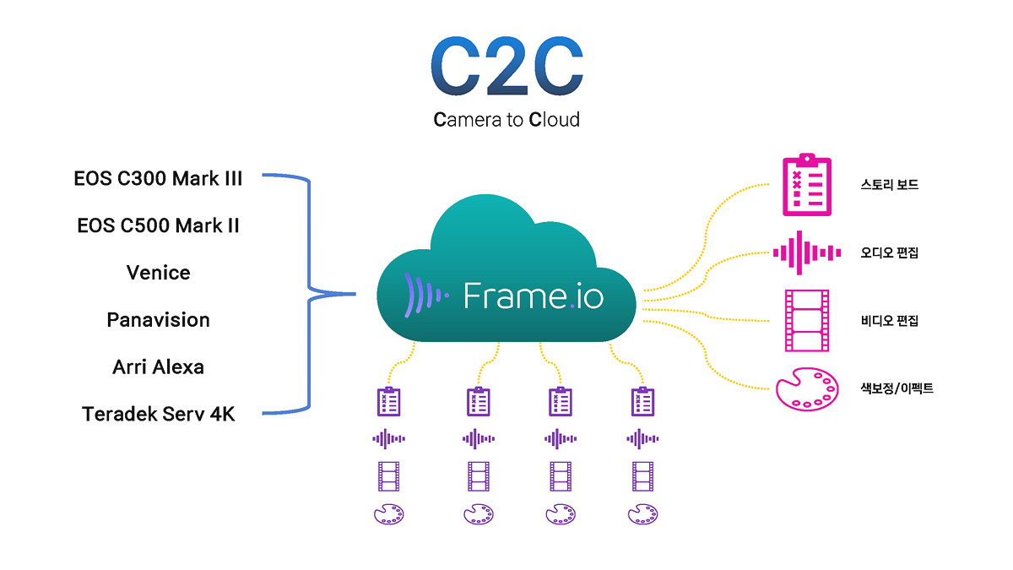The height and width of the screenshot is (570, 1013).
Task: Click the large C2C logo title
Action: click(507, 66)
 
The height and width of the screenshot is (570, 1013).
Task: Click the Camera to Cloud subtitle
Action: click(506, 120)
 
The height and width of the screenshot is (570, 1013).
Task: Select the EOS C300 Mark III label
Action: click(159, 179)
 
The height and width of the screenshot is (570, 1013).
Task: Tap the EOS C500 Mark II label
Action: click(159, 225)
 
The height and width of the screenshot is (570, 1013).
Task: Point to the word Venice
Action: click(159, 273)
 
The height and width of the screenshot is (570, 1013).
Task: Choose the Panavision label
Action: click(159, 320)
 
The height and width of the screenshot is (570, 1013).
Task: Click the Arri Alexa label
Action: click(159, 366)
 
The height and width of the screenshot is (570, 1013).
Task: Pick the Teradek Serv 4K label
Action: click(159, 414)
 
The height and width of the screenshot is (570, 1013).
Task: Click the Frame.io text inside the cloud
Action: click(534, 296)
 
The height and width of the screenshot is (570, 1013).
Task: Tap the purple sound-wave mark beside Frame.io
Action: click(426, 296)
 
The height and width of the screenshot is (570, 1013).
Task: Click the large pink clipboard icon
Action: click(807, 185)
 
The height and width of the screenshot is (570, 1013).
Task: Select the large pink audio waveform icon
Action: click(807, 252)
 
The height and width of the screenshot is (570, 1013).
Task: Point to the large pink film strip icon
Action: click(807, 321)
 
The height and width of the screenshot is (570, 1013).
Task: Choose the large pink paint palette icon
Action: click(807, 389)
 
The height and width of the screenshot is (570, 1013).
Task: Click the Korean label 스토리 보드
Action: click(890, 185)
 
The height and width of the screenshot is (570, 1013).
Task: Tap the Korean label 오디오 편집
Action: click(890, 252)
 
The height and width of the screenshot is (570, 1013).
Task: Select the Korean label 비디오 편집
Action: click(890, 321)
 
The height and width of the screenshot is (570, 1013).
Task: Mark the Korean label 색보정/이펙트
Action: click(897, 388)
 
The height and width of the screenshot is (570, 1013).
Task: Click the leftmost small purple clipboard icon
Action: click(389, 401)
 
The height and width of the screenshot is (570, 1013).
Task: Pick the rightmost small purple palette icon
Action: click(642, 514)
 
